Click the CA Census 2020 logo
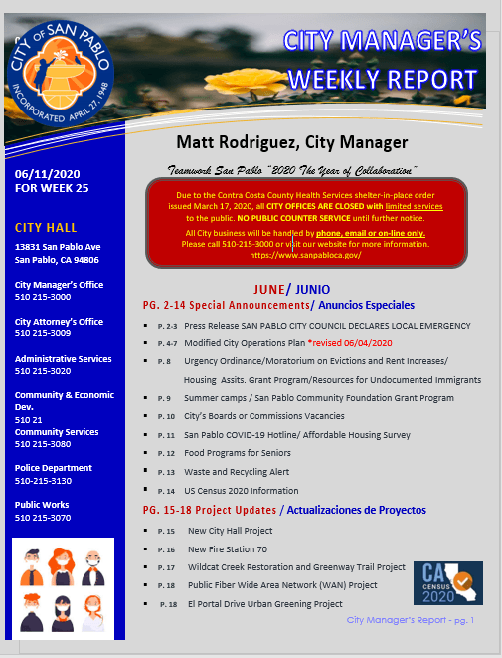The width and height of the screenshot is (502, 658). pos(447,583)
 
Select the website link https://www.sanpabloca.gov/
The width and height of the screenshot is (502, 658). pos(305,255)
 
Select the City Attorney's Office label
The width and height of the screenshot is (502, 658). pos(60,322)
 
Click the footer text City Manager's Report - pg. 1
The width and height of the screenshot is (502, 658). pos(411,620)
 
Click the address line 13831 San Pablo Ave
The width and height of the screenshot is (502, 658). pos(58,246)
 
